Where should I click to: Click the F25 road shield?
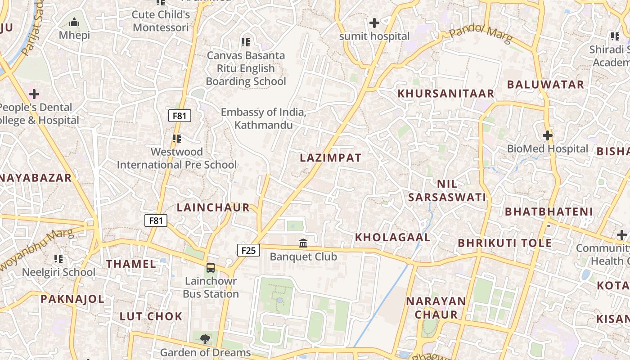coord(248,250)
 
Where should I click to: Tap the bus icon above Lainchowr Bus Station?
coord(211,268)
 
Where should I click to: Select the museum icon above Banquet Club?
coord(303,243)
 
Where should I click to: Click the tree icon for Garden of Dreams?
coord(205,339)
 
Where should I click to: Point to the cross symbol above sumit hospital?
coord(374,22)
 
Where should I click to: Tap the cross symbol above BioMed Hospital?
coord(547,135)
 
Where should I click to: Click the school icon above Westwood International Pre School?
coord(176,139)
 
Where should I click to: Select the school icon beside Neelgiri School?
coord(58,259)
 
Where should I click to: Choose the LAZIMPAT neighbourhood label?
coord(331,158)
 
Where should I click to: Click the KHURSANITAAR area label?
coord(446,94)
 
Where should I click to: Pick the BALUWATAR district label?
coord(545,85)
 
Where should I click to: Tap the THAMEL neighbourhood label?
coord(131,264)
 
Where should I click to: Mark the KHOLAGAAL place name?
coord(393,238)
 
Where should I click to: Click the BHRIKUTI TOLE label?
coord(504,243)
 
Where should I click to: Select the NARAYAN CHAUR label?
coord(436,308)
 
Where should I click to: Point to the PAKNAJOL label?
coord(72,299)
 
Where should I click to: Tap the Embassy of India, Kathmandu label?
coord(264,118)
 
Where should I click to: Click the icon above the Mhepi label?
coord(75,22)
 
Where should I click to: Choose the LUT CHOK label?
coord(151,316)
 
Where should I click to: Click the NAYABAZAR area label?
coord(35,178)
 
